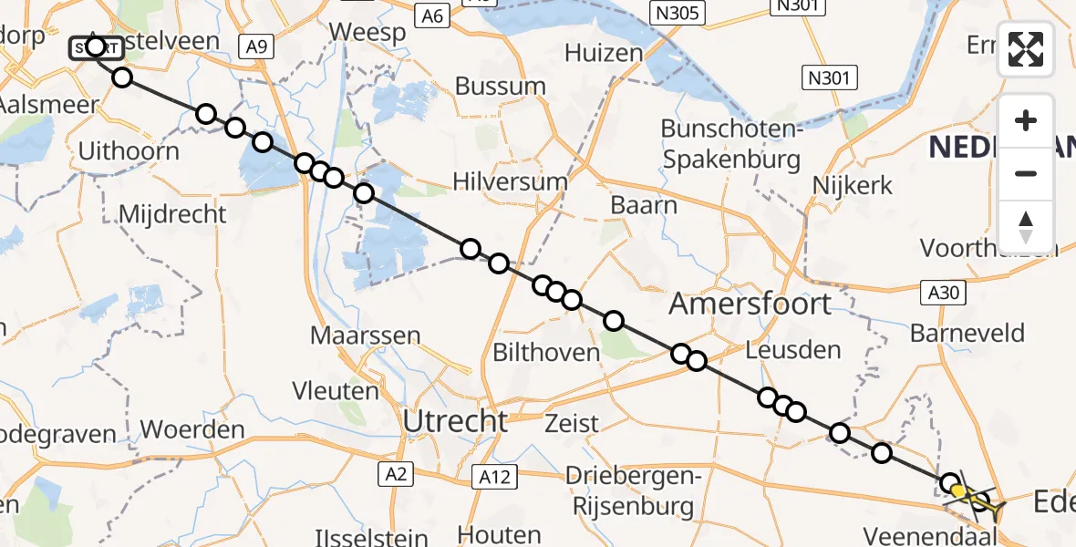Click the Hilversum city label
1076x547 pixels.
click(510, 181)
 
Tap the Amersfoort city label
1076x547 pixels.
click(750, 304)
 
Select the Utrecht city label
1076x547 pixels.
click(456, 421)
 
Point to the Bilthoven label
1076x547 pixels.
click(545, 353)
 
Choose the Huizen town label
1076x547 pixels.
click(603, 53)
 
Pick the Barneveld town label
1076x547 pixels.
click(967, 334)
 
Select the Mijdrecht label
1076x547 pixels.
click(172, 215)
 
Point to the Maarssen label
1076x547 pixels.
click(365, 335)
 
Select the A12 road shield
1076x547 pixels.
click(495, 476)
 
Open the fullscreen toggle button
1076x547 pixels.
click(1026, 48)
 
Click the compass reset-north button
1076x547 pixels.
click(1026, 227)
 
